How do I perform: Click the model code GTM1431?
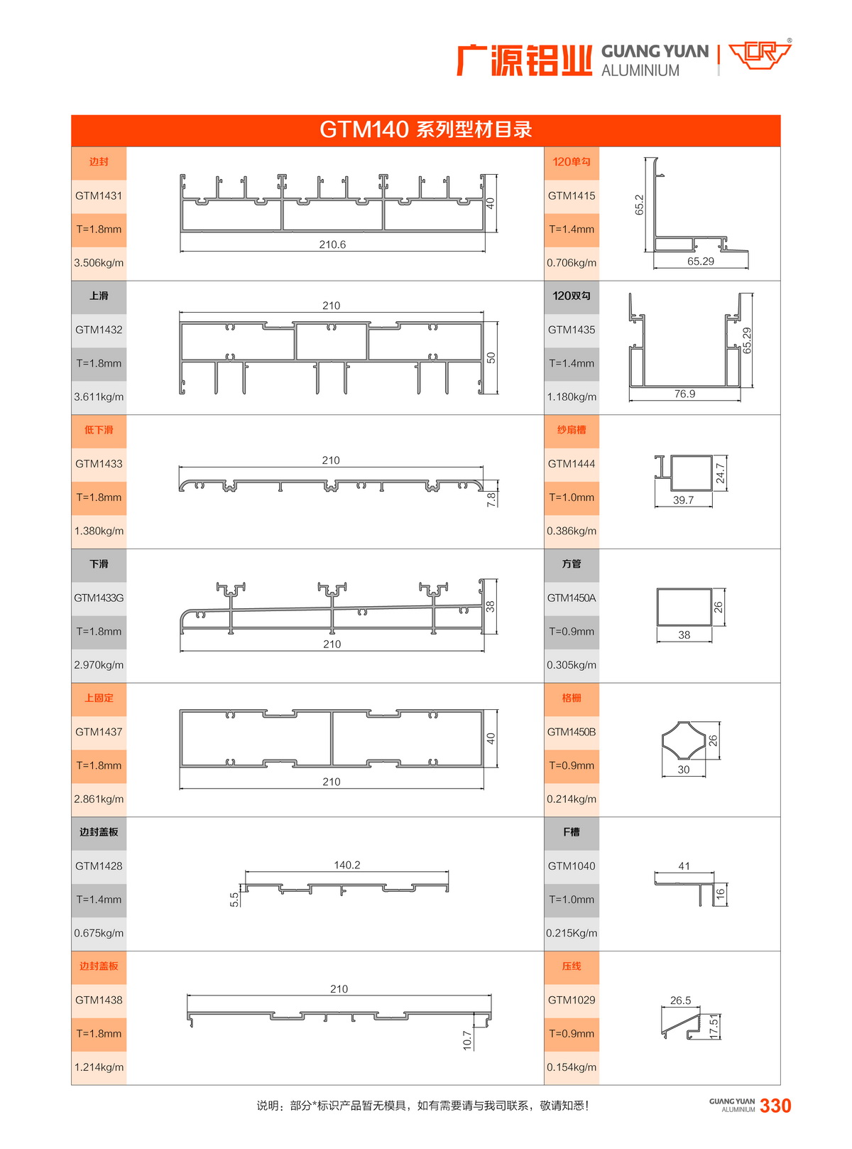pyautogui.click(x=99, y=195)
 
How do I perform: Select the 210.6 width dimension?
pyautogui.click(x=332, y=244)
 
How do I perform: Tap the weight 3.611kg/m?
pyautogui.click(x=99, y=397)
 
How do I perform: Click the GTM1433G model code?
pyautogui.click(x=99, y=598)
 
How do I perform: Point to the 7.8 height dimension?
pyautogui.click(x=491, y=500)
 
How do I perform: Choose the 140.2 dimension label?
pyautogui.click(x=347, y=865)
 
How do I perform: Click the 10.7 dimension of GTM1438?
pyautogui.click(x=467, y=1040)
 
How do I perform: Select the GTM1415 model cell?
pyautogui.click(x=572, y=195)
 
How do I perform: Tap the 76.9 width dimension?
pyautogui.click(x=684, y=394)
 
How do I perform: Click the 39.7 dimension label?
pyautogui.click(x=683, y=500)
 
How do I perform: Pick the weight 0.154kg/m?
pyautogui.click(x=572, y=1067)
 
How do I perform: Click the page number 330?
pyautogui.click(x=775, y=1106)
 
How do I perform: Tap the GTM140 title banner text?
pyautogui.click(x=425, y=130)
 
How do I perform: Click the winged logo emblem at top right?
pyautogui.click(x=760, y=55)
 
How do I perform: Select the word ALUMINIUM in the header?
pyautogui.click(x=640, y=70)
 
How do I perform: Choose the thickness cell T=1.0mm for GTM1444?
pyautogui.click(x=572, y=497)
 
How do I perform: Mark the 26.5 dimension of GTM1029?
pyautogui.click(x=680, y=1000)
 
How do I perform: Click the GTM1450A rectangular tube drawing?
pyautogui.click(x=684, y=607)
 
